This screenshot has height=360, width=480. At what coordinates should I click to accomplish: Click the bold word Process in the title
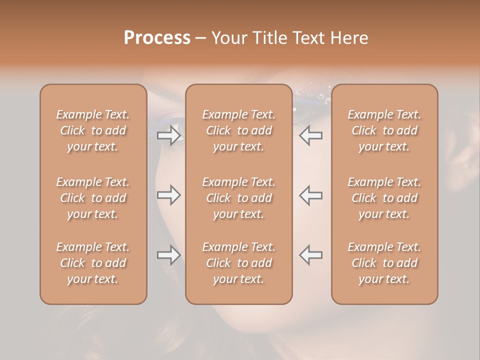157,38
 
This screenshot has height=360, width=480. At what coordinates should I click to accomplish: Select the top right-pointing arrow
168,135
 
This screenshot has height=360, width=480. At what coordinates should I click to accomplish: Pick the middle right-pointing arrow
168,195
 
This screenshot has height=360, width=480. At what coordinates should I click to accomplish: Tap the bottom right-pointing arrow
168,255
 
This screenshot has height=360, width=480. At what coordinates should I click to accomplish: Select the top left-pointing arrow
311,135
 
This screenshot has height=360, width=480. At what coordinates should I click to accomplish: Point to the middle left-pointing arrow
311,195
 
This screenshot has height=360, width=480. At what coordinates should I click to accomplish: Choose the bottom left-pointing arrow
311,255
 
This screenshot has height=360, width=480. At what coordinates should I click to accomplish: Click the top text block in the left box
93,130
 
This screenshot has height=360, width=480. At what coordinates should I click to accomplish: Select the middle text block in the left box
93,198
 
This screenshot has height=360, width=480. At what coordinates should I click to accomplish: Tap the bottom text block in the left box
93,263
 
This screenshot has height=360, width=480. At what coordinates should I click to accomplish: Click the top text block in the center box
239,130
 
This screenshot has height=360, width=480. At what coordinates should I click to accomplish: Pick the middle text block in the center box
239,198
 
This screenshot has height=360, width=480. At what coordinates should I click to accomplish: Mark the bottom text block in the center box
239,263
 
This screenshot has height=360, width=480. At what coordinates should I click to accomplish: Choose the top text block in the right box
384,130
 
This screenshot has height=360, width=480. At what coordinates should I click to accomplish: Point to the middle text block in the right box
384,198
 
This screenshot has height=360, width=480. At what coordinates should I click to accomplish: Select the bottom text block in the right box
384,263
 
